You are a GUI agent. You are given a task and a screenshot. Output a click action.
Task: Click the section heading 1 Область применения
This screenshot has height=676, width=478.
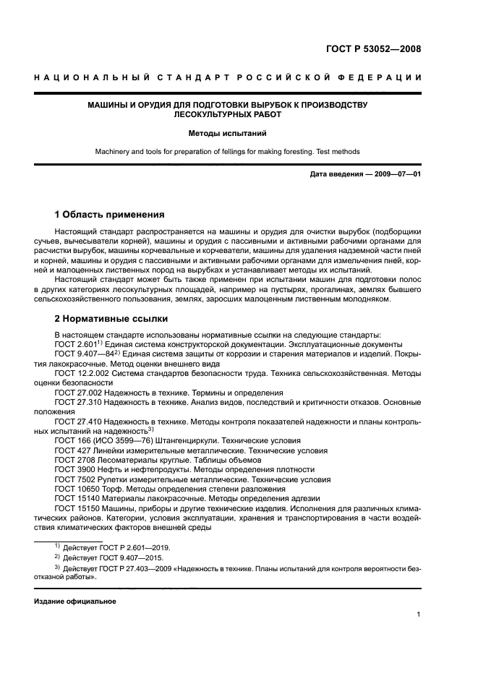point(110,215)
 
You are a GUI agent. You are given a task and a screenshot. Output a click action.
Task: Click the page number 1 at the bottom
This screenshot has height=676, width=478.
point(419,615)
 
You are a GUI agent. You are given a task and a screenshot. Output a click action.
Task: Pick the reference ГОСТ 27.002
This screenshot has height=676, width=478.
point(77,393)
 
